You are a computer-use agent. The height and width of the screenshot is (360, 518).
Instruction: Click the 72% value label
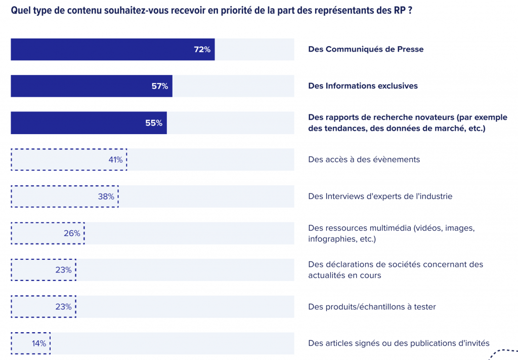click(202, 50)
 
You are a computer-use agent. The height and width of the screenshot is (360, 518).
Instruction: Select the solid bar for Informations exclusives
click(91, 86)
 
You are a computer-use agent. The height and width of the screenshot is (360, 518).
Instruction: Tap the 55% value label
click(153, 123)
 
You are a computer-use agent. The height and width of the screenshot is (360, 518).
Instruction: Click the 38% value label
click(106, 196)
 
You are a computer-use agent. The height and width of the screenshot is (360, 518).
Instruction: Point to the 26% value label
click(72, 233)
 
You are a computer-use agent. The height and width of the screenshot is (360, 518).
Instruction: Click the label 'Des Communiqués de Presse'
click(366, 49)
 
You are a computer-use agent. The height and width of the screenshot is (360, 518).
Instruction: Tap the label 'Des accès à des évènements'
click(364, 159)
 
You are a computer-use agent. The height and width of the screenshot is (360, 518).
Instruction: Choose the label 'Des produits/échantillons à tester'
click(372, 307)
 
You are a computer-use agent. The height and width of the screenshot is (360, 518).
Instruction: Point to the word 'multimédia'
click(388, 228)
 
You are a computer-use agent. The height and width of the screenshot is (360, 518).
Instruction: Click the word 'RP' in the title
click(399, 10)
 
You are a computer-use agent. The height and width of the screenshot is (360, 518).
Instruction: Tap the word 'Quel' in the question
click(20, 10)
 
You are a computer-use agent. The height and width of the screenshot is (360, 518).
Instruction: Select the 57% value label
click(159, 86)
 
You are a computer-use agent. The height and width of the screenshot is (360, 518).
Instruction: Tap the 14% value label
click(39, 343)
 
